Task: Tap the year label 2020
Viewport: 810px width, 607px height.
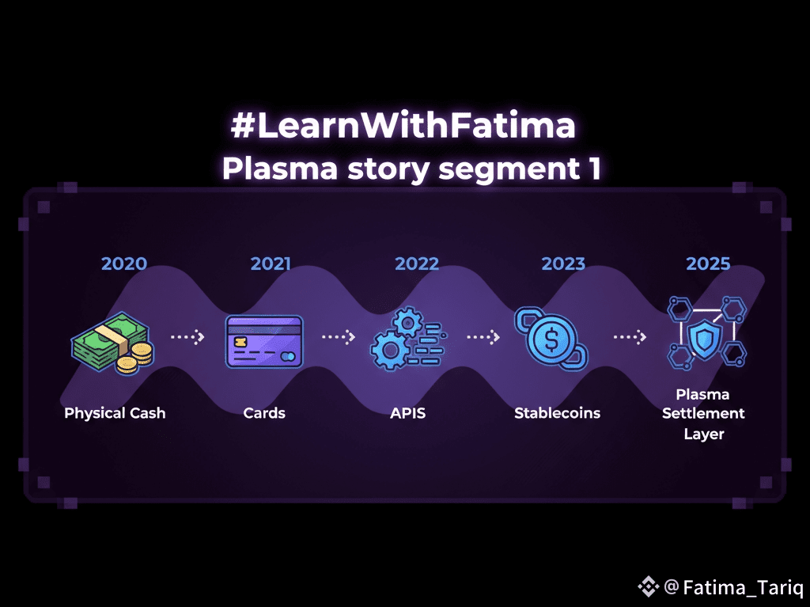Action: click(124, 264)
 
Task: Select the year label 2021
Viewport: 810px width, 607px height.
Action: click(271, 264)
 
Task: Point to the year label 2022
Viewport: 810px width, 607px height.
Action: click(416, 264)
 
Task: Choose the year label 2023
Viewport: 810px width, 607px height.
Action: click(563, 264)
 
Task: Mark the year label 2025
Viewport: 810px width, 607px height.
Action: click(708, 264)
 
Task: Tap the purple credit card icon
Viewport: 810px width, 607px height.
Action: click(264, 341)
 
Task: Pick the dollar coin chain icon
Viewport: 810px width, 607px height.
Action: click(551, 336)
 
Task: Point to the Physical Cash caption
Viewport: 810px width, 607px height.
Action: click(115, 413)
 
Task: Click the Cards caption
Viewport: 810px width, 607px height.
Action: click(264, 413)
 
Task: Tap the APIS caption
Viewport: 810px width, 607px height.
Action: click(407, 413)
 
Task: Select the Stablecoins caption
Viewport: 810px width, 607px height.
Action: click(557, 413)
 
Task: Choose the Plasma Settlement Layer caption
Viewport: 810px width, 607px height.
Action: click(703, 413)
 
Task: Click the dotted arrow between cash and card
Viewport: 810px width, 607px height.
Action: click(187, 337)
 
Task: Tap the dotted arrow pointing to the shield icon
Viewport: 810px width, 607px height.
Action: click(630, 337)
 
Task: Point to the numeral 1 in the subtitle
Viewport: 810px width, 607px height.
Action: click(595, 169)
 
